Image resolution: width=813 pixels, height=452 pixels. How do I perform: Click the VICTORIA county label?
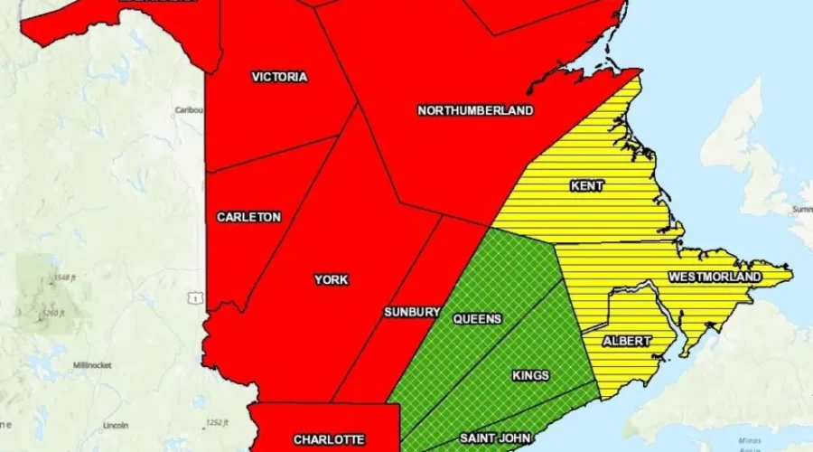tap(279, 77)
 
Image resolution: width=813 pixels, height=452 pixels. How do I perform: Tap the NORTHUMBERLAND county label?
tap(475, 110)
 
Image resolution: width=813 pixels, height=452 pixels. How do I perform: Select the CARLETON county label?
tap(248, 217)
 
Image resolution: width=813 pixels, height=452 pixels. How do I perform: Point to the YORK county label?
tap(332, 279)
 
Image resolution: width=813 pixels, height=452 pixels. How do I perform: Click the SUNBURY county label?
tap(412, 312)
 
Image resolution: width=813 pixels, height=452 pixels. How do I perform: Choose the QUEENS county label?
tap(477, 319)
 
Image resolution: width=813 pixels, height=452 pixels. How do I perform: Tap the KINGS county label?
tap(530, 375)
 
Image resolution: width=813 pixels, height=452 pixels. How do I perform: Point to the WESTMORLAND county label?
tap(715, 276)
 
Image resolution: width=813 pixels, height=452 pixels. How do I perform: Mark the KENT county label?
tap(587, 186)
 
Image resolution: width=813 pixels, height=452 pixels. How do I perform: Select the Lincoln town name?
tap(115, 425)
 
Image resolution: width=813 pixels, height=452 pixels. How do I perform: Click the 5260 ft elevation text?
tap(55, 314)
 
